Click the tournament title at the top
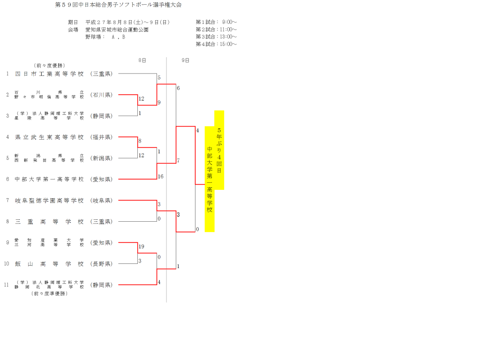coord(118,5)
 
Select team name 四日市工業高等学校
coord(49,74)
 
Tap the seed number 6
coord(7,179)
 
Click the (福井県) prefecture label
coord(101,137)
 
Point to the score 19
coord(141,247)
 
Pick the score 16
coord(160,177)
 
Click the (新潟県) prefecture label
coord(101,158)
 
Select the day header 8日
coord(142,60)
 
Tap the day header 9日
coord(185,60)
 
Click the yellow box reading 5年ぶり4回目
coord(219,150)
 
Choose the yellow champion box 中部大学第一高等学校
coord(210,179)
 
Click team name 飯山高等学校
coord(49,263)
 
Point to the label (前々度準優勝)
coord(49,293)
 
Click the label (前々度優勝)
coord(49,66)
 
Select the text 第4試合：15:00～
coord(216,45)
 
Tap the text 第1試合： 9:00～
coord(216,22)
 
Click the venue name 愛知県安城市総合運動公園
coord(117,30)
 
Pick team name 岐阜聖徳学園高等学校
coord(49,201)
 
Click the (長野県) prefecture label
coord(101,263)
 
